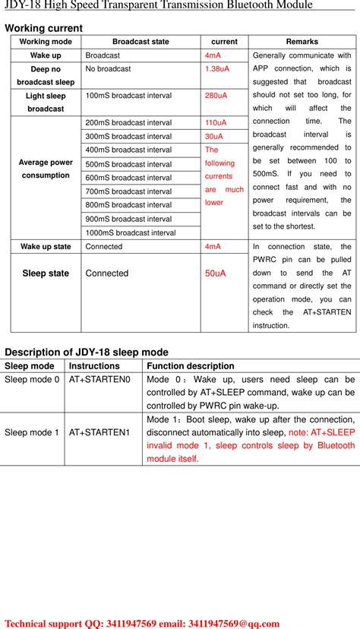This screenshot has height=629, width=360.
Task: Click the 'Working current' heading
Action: click(43, 28)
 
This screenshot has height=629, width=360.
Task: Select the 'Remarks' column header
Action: click(302, 42)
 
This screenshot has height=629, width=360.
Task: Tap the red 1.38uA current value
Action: click(216, 68)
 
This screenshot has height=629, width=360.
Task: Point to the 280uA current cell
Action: click(216, 96)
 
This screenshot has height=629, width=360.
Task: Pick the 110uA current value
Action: click(216, 122)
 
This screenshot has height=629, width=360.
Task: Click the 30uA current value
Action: click(214, 136)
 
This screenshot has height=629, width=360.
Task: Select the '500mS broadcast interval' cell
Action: click(128, 164)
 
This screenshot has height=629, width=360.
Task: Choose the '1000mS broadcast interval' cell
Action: click(131, 232)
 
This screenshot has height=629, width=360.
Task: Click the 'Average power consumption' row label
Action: click(46, 169)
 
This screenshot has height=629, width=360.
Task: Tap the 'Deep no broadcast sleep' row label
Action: click(46, 75)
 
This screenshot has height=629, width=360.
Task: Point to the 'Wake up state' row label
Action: click(46, 247)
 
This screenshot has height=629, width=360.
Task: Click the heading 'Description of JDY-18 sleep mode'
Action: click(87, 352)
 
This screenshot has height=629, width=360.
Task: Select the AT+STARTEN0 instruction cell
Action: click(99, 379)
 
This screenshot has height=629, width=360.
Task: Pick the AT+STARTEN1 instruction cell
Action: click(99, 432)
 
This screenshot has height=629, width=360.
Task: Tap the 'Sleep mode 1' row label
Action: click(32, 432)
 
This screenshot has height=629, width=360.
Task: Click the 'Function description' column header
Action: click(191, 366)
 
